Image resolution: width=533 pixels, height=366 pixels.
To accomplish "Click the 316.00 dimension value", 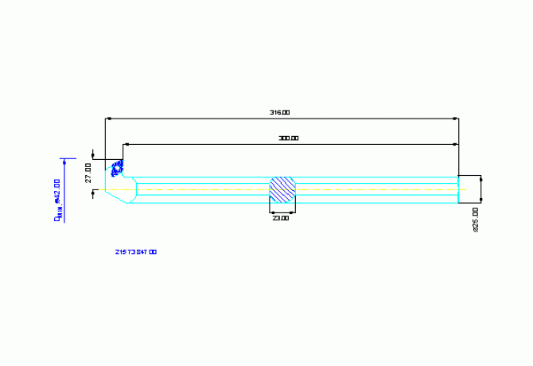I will pos(279,112).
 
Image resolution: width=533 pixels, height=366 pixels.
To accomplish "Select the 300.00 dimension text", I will pos(288,138).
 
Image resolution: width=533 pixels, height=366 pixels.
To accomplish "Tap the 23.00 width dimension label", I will pos(281,217).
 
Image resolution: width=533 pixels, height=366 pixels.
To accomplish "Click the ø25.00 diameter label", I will pos(475,219).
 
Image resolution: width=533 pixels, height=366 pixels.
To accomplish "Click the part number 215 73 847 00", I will pos(136,251).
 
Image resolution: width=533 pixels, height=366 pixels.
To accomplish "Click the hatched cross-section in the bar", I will pos(282,189).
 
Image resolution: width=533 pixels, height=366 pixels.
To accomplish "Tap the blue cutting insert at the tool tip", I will pos(118,167).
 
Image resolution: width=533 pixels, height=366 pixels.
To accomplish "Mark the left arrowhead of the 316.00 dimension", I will pos(108,119).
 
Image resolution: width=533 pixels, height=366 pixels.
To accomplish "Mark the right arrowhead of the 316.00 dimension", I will pos(456,119).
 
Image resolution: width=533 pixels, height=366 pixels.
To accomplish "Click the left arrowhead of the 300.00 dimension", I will pos(126,145).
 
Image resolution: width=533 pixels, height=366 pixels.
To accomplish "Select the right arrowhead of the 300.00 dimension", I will pos(456,145).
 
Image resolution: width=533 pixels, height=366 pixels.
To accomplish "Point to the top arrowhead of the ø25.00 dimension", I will pos(481,177).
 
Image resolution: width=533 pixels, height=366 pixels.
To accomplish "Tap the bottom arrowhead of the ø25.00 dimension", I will pos(481,201).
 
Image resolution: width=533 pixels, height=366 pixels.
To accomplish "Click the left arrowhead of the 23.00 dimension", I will pos(272,212).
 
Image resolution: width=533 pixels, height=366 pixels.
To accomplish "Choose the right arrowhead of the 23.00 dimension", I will pos(293,212).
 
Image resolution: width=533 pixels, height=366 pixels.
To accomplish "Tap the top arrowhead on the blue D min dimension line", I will pos(64,159).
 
